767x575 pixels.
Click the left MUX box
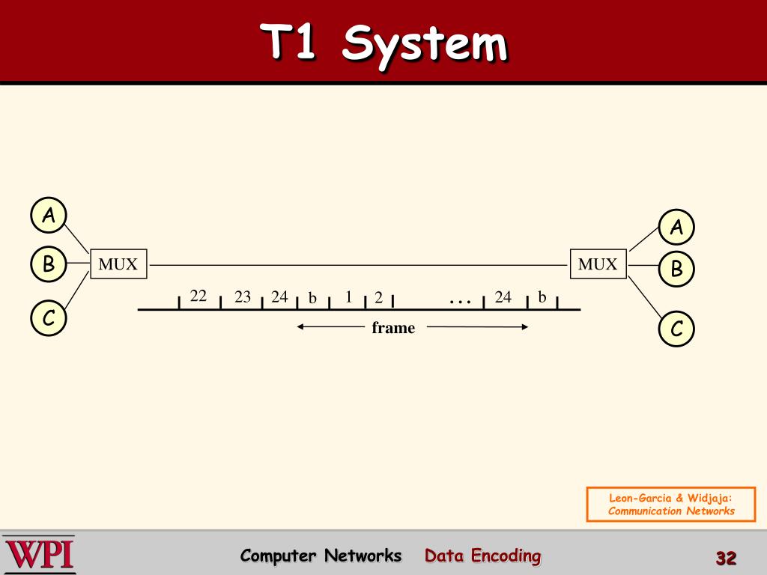pyautogui.click(x=118, y=264)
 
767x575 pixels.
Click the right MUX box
pyautogui.click(x=598, y=264)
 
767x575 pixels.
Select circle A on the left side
pyautogui.click(x=49, y=216)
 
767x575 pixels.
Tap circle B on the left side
pyautogui.click(x=49, y=264)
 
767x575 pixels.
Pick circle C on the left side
pyautogui.click(x=49, y=318)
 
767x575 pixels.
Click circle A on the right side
pyautogui.click(x=676, y=227)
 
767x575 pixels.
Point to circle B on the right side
pyautogui.click(x=676, y=269)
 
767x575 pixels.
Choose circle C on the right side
pyautogui.click(x=676, y=329)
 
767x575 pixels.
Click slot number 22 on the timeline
pyautogui.click(x=198, y=296)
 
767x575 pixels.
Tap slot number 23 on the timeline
pyautogui.click(x=243, y=296)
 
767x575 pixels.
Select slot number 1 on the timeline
pyautogui.click(x=348, y=296)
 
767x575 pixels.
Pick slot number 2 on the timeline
pyautogui.click(x=379, y=298)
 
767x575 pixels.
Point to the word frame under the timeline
pyautogui.click(x=393, y=327)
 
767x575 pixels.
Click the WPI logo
pyautogui.click(x=39, y=555)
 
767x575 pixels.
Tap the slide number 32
pyautogui.click(x=726, y=558)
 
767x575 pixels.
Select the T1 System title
pyautogui.click(x=383, y=42)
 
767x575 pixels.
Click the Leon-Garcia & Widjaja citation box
pyautogui.click(x=671, y=504)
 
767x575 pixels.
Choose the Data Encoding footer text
pyautogui.click(x=482, y=556)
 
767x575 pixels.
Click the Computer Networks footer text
pyautogui.click(x=321, y=556)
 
